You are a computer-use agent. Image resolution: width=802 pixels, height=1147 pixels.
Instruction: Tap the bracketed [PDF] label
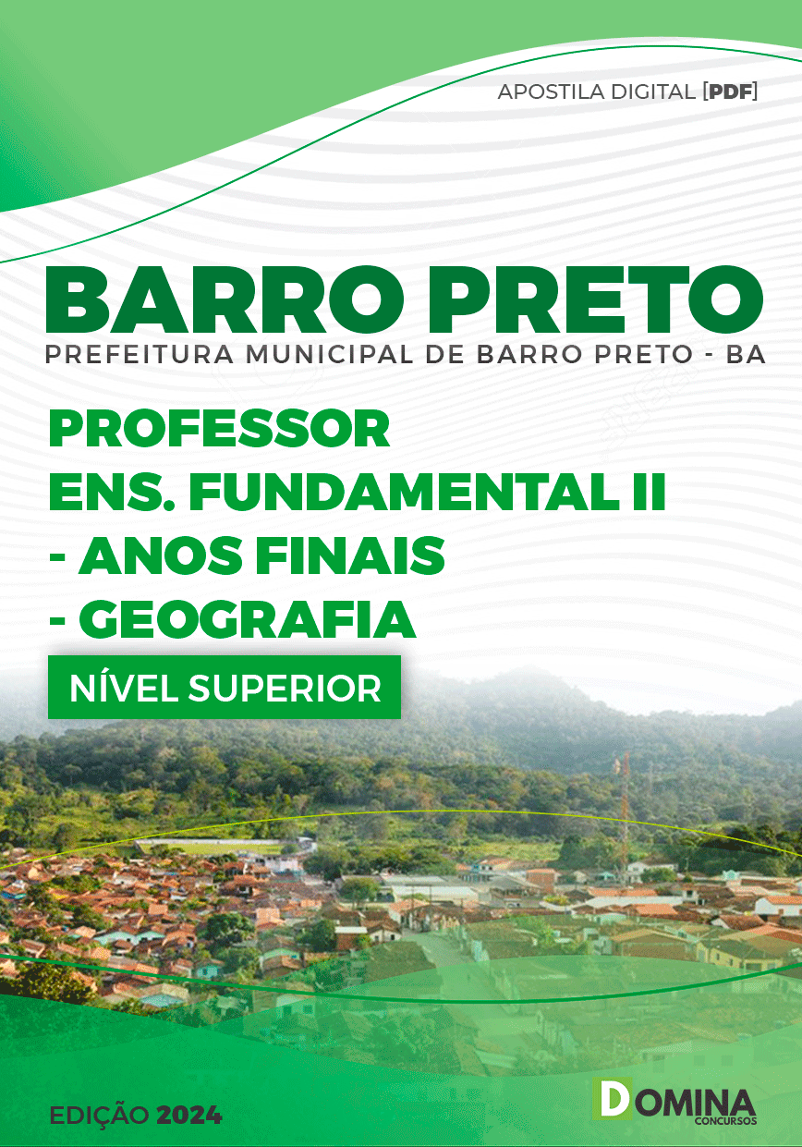click(x=730, y=92)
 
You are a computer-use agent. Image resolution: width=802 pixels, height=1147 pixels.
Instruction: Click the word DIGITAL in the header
click(x=654, y=92)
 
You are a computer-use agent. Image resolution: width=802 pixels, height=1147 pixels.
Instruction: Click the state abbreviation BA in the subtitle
click(x=746, y=355)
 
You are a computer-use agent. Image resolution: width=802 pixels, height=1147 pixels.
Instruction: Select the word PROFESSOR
click(x=220, y=430)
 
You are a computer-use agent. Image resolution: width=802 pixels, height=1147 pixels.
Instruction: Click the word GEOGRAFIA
click(x=247, y=619)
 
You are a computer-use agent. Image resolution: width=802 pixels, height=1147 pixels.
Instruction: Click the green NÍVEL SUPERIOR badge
click(x=225, y=688)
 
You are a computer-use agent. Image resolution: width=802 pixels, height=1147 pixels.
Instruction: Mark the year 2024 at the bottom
click(x=188, y=1116)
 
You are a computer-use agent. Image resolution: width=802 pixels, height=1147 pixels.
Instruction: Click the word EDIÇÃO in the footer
click(x=100, y=1116)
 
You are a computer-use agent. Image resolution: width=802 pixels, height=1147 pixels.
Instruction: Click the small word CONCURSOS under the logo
click(x=726, y=1121)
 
